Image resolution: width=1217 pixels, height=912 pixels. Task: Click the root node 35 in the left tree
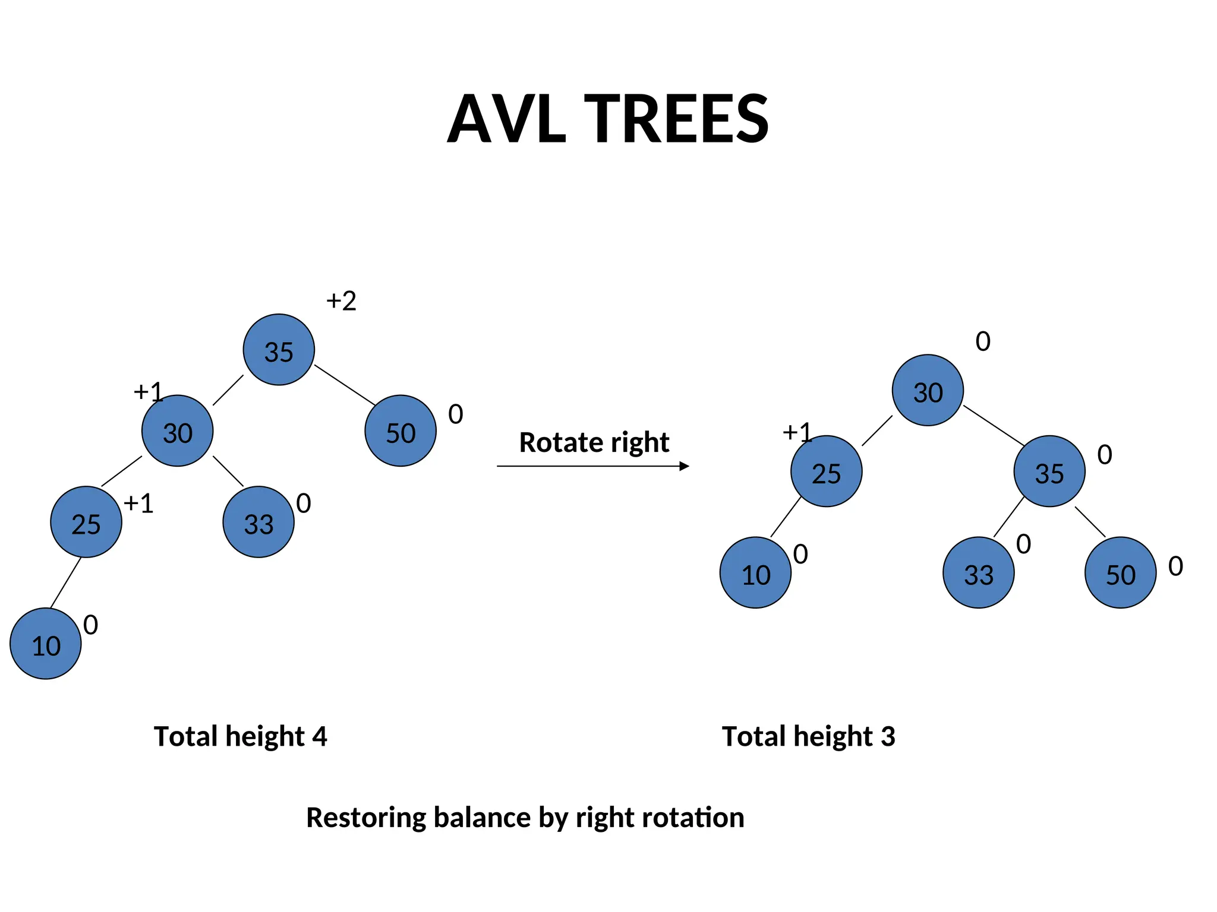pos(279,350)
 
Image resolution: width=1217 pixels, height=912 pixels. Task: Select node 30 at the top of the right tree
pos(928,390)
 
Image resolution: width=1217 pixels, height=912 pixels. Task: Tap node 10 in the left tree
pos(46,644)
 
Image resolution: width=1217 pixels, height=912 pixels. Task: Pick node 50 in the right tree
pos(1120,572)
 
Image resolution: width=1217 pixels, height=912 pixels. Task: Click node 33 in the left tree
pos(258,522)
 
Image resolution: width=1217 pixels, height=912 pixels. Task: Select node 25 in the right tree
pos(826,471)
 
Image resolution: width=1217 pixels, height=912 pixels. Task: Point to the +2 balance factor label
pos(341,301)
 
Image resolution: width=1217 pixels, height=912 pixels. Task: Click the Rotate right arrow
pos(592,467)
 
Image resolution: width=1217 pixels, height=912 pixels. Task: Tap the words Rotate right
pos(594,442)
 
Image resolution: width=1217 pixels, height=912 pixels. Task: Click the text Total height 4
pos(240,736)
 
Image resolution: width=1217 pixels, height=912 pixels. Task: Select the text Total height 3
pos(808,736)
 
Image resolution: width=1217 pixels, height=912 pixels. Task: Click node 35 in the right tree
pos(1049,471)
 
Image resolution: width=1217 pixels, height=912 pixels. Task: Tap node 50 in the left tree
pos(401,430)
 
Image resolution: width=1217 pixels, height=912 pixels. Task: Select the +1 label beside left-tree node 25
pos(138,503)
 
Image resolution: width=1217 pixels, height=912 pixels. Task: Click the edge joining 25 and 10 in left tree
pos(65,583)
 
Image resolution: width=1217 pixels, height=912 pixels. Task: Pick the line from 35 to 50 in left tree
pos(345,385)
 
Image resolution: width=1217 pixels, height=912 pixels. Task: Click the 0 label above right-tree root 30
pos(983,341)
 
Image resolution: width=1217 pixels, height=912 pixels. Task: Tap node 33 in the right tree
pos(978,572)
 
